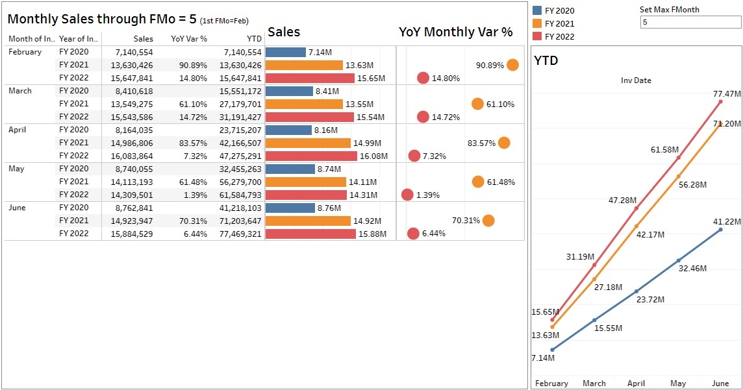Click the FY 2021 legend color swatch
[x=537, y=23]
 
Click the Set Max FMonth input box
[x=690, y=22]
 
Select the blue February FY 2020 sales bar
[x=286, y=52]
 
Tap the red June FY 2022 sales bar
[x=310, y=234]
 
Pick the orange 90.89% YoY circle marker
[x=512, y=65]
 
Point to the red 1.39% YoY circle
[x=407, y=195]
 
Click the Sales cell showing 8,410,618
[x=134, y=91]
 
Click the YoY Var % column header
[x=189, y=39]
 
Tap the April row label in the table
[x=18, y=130]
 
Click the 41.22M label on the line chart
[x=727, y=222]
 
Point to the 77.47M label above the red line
[x=727, y=95]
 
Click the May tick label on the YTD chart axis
[x=678, y=384]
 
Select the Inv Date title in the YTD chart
[x=636, y=80]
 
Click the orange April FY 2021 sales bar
[x=309, y=143]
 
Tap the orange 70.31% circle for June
[x=488, y=221]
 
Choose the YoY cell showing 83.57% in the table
[x=193, y=143]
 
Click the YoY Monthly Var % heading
[x=456, y=32]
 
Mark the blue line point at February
[x=552, y=350]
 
